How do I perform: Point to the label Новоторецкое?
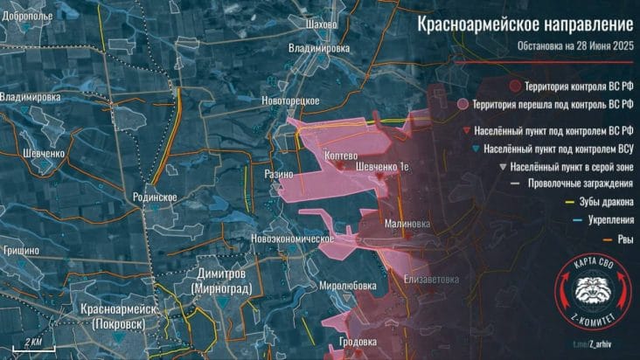pos(289,101)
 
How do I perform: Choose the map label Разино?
pos(279,175)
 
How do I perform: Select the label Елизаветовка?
pos(431,280)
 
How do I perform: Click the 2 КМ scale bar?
pos(34,339)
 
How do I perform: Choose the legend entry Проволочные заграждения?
pos(583,183)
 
